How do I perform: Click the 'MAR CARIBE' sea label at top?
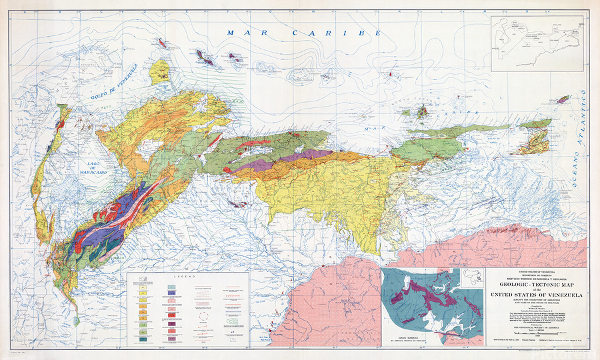point(303,33)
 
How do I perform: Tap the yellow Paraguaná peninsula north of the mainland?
point(161,71)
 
